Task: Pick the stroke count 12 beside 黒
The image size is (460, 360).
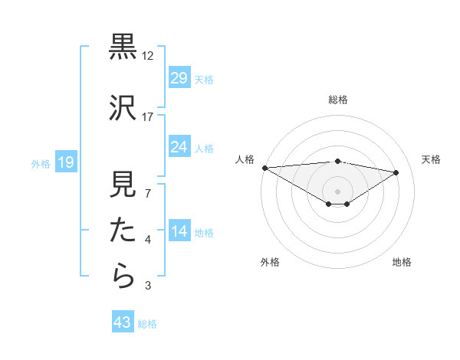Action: [148, 56]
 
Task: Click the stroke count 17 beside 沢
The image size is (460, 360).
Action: [148, 117]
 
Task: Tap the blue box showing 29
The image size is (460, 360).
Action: [179, 78]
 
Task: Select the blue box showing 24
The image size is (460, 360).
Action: [179, 147]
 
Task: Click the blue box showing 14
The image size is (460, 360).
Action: [179, 231]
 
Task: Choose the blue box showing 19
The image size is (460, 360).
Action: [65, 162]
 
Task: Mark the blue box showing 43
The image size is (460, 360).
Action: [122, 323]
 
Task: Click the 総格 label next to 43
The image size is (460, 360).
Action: [147, 324]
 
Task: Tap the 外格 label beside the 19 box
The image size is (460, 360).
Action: [41, 163]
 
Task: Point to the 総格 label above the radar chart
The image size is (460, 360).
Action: [338, 100]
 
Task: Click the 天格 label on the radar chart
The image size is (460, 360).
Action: [432, 159]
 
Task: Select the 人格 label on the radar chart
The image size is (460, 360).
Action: [245, 159]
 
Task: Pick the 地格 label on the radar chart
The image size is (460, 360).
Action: [402, 262]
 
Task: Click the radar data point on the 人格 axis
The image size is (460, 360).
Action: [264, 168]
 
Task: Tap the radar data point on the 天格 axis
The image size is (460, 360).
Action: [396, 172]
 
